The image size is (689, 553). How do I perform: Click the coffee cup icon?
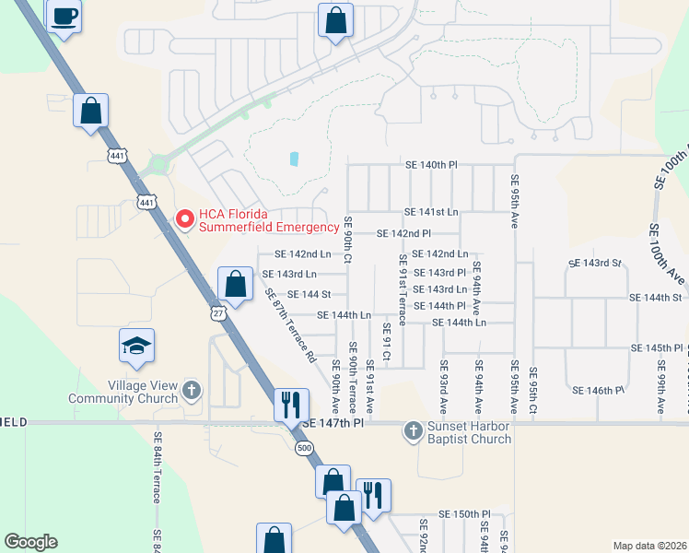[64, 17]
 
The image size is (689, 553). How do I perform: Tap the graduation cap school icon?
[136, 347]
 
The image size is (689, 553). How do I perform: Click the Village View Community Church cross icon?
[192, 390]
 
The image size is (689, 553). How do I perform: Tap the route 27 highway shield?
[217, 313]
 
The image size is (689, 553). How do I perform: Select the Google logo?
[30, 542]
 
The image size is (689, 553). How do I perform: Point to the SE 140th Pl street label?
[431, 164]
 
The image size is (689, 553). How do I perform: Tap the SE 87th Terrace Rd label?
[290, 325]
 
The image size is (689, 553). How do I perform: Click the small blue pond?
[294, 159]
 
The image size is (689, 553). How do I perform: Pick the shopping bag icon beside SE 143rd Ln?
[236, 285]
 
